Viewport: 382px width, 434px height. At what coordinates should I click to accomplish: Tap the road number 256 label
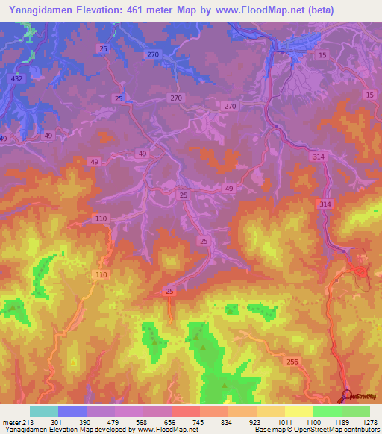pos(292,361)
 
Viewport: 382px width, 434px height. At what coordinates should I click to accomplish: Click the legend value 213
pos(29,422)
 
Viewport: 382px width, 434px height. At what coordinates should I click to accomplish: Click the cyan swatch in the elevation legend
pos(44,411)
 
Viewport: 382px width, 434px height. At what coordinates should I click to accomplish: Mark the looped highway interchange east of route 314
pos(358,270)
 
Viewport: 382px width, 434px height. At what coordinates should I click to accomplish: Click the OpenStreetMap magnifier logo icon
pos(346,395)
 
